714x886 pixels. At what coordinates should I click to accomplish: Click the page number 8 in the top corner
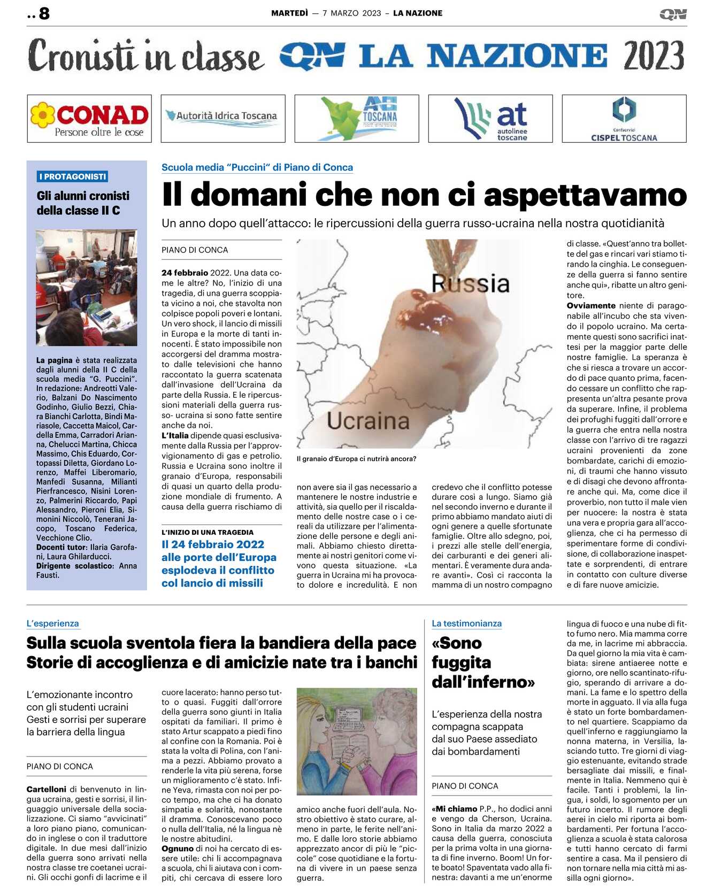44,13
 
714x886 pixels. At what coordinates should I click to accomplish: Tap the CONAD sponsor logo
89,119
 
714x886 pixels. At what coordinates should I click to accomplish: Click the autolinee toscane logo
490,119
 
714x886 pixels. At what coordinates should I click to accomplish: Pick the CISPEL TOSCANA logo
624,119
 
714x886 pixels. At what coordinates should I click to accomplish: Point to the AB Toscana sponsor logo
357,119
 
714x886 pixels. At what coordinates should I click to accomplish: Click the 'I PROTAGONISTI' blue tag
73,176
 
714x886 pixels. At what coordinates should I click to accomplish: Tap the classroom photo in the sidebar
87,287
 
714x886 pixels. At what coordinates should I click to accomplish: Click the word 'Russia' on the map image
470,283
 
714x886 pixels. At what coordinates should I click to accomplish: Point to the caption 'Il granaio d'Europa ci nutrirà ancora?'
356,459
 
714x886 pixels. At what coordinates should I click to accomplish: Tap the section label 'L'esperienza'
53,623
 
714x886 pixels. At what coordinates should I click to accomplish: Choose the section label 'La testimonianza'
466,623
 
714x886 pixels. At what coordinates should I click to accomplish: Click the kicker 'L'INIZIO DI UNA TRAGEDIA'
208,532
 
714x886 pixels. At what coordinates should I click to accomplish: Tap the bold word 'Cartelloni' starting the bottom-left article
47,789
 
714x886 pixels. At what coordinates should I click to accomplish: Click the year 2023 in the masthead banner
654,56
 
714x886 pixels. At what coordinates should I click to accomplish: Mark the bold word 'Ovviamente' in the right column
590,306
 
